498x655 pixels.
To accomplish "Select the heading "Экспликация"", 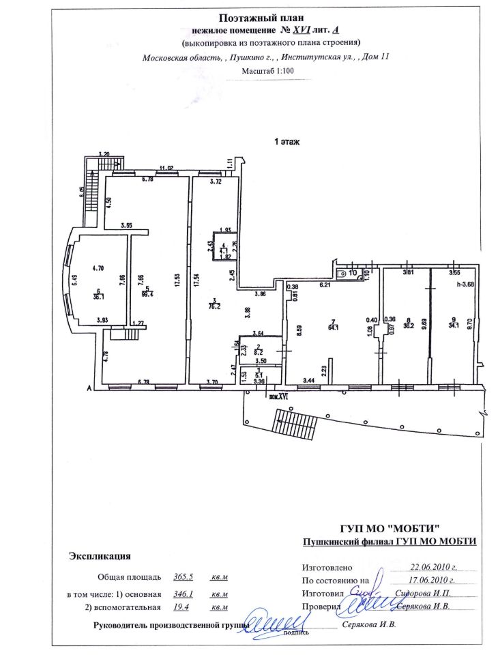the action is coord(100,557).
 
